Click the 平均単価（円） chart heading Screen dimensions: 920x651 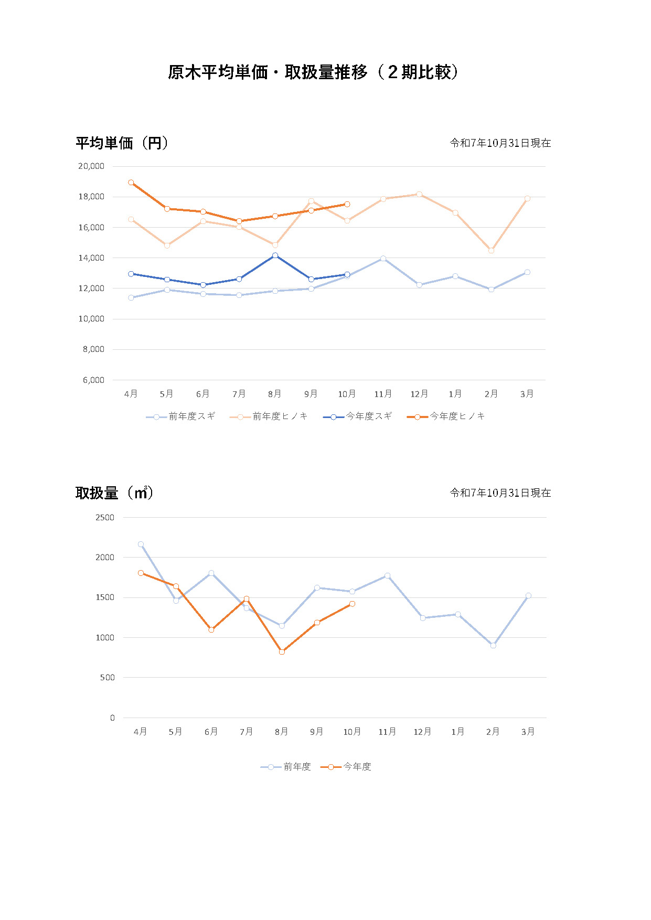coord(122,143)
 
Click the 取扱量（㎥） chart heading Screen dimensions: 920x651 coord(114,493)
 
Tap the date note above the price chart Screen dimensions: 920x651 coord(500,143)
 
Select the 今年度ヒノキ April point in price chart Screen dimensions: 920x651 coord(131,183)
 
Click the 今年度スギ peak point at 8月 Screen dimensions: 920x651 coord(275,255)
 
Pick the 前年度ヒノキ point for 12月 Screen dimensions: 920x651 coord(419,194)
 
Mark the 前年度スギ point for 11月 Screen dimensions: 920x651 coord(383,259)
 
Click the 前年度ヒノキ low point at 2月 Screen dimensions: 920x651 coord(491,251)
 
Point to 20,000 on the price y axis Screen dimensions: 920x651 coord(91,166)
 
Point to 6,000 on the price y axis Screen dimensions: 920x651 coord(93,380)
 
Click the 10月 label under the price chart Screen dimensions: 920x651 coord(347,394)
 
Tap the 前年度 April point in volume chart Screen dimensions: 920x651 coord(141,544)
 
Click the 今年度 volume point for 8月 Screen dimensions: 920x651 coord(282,651)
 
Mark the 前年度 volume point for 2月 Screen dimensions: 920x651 coord(493,646)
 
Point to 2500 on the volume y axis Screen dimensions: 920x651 coord(105,517)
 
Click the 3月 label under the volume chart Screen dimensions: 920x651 coord(528,732)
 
